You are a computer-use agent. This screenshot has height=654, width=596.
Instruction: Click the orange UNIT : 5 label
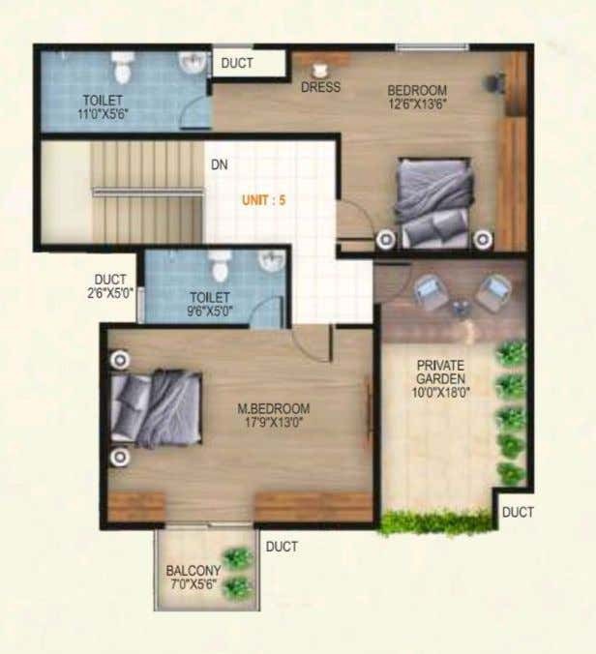click(263, 200)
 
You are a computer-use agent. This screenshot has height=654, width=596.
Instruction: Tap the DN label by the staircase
click(220, 164)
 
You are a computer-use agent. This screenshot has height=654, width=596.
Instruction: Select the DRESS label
click(320, 87)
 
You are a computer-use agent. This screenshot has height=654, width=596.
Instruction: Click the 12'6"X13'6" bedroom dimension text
click(417, 104)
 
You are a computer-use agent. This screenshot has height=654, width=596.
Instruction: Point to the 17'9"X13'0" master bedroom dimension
click(273, 422)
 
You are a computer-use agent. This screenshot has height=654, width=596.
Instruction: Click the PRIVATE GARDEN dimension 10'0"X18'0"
click(441, 393)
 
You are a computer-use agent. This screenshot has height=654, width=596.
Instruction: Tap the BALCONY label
click(194, 570)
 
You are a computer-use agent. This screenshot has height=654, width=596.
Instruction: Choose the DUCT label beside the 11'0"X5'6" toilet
click(237, 64)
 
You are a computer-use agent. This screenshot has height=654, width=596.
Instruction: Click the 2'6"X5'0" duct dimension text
click(109, 293)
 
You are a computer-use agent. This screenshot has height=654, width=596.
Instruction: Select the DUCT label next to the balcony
click(282, 547)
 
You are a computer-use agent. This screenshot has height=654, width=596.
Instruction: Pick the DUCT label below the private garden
click(518, 512)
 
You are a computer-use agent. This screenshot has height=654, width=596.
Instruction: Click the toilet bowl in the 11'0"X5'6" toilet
click(121, 68)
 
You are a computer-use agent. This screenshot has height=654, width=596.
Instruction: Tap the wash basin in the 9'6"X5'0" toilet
click(272, 260)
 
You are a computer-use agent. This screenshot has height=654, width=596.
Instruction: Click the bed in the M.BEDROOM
click(157, 408)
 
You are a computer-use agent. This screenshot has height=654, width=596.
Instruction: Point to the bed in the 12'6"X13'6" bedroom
click(434, 203)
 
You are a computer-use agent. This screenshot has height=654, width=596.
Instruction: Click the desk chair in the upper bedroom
click(494, 82)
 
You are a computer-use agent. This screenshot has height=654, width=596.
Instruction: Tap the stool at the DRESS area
click(320, 72)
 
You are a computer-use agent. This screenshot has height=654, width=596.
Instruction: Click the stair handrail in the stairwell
click(148, 192)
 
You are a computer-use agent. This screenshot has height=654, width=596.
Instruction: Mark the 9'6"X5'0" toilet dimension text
click(210, 312)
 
